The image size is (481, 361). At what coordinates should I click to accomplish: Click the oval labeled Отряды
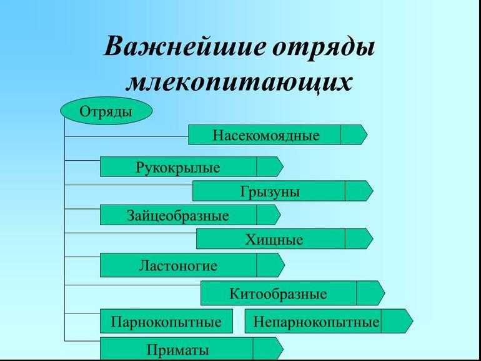pyautogui.click(x=106, y=111)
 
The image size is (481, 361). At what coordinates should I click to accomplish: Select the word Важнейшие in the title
pyautogui.click(x=184, y=46)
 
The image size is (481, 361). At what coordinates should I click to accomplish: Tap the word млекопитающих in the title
pyautogui.click(x=239, y=82)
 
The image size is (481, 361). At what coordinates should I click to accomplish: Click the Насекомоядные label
pyautogui.click(x=266, y=136)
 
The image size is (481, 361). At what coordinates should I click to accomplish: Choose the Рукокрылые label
pyautogui.click(x=178, y=168)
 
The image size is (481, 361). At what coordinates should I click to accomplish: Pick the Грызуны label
pyautogui.click(x=270, y=192)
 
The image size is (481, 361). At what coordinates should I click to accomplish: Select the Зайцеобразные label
pyautogui.click(x=178, y=215)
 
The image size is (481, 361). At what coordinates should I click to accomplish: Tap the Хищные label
pyautogui.click(x=274, y=240)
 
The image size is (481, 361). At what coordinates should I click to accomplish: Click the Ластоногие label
pyautogui.click(x=178, y=265)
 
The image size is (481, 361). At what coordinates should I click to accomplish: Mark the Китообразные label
pyautogui.click(x=278, y=293)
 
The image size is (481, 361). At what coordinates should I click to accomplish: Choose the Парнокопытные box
pyautogui.click(x=166, y=321)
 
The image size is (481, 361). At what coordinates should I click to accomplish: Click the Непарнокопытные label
pyautogui.click(x=316, y=322)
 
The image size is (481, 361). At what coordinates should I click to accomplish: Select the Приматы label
pyautogui.click(x=178, y=350)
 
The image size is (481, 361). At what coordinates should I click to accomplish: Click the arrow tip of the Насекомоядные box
pyautogui.click(x=367, y=135)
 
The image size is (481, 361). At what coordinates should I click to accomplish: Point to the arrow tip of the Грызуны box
pyautogui.click(x=373, y=191)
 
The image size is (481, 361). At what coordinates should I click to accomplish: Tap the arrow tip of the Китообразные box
pyautogui.click(x=384, y=293)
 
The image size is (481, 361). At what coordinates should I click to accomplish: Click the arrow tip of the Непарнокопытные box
pyautogui.click(x=413, y=321)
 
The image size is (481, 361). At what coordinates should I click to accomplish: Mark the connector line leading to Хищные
pyautogui.click(x=131, y=233)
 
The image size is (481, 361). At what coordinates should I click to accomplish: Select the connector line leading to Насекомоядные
pyautogui.click(x=127, y=136)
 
